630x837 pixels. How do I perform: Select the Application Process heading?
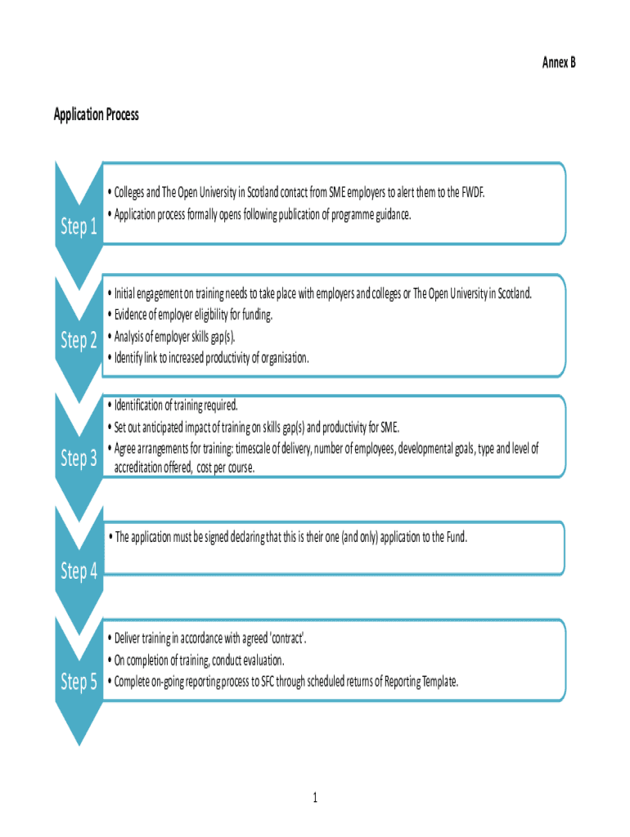[x=97, y=114]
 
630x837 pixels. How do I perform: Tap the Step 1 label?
[x=79, y=227]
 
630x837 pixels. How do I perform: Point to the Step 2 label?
[x=79, y=340]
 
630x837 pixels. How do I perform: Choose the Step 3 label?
[x=79, y=459]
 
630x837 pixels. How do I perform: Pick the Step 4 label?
[x=79, y=571]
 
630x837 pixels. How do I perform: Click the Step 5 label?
[x=79, y=681]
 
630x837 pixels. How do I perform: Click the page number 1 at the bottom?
[x=314, y=797]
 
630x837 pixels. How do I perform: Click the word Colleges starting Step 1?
[x=130, y=193]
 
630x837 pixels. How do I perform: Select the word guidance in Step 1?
[x=390, y=214]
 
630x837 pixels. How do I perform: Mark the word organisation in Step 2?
[x=283, y=357]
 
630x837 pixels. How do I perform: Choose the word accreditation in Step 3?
[x=141, y=468]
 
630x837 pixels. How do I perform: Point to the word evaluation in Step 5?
[x=259, y=660]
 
